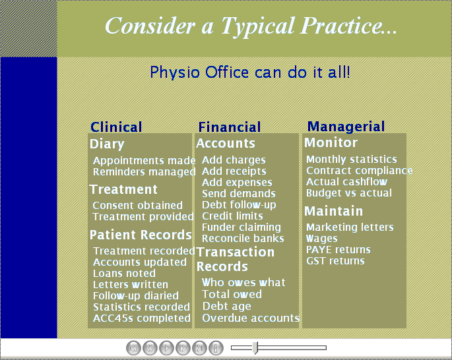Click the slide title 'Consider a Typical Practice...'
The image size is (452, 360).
pos(251,25)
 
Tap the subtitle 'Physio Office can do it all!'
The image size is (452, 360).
pos(250,73)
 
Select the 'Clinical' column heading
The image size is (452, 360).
pos(116,127)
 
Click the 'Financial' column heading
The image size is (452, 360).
pos(230,127)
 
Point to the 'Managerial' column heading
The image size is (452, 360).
pos(346,127)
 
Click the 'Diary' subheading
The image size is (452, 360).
pos(107,144)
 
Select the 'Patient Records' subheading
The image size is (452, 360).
pos(141,235)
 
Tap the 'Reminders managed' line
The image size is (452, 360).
pos(144,172)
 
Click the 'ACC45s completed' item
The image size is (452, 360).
pos(141,318)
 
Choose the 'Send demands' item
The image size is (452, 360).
pos(239,194)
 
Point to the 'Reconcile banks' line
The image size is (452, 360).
pos(243,239)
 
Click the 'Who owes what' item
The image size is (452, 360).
pos(243,283)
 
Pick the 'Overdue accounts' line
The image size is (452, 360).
pos(251,318)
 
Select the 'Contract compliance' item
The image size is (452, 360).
pos(359,171)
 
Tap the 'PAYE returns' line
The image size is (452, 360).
pos(338,250)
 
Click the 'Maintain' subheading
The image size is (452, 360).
pos(333,211)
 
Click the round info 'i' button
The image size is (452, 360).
pos(216,348)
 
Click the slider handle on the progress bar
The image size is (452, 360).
pos(255,348)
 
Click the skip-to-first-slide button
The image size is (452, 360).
pos(133,348)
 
